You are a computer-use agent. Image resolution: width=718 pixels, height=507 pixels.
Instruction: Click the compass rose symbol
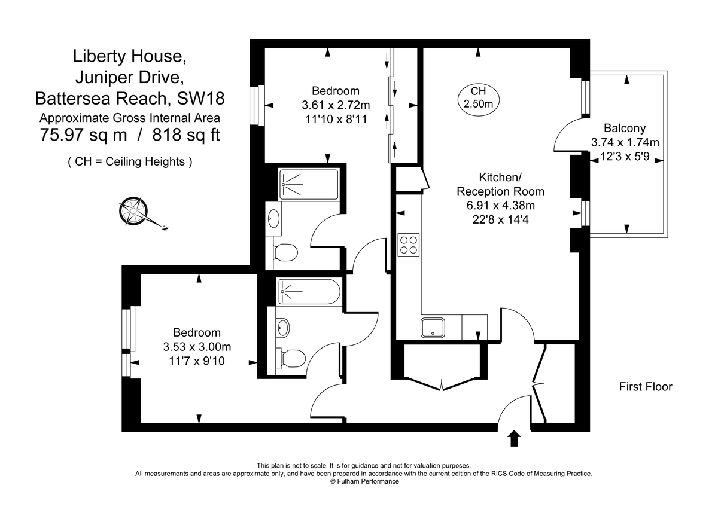point(135,211)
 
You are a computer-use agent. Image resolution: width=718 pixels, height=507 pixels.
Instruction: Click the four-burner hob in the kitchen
point(409,244)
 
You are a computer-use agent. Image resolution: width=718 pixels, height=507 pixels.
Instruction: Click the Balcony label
point(624,128)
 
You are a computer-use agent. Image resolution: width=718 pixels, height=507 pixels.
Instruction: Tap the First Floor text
point(645,387)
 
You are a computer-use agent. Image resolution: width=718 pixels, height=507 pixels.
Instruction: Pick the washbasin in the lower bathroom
point(282,327)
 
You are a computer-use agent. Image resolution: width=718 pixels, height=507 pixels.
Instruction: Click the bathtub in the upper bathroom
point(308,184)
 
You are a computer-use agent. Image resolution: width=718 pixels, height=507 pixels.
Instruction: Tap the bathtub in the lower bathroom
point(309,292)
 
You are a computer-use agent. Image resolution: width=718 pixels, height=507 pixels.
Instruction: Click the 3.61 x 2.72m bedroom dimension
point(336,105)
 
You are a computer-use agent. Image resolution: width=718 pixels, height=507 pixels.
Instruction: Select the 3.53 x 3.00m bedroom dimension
point(197,347)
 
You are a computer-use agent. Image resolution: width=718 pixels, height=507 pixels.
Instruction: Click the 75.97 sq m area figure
point(83,135)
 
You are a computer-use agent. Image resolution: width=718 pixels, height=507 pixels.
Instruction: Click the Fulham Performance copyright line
point(364,481)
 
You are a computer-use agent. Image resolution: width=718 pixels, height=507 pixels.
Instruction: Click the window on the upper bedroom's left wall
point(257,106)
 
